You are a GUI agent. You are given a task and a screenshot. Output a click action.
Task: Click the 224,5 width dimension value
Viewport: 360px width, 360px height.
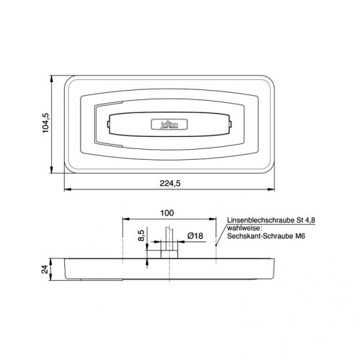pyautogui.click(x=170, y=184)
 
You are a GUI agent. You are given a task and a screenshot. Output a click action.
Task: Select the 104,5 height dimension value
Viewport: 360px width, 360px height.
pyautogui.click(x=45, y=123)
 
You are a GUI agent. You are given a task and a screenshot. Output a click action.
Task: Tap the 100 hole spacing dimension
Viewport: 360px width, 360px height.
pyautogui.click(x=167, y=213)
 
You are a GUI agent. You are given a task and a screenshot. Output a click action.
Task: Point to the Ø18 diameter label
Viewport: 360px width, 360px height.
pyautogui.click(x=195, y=236)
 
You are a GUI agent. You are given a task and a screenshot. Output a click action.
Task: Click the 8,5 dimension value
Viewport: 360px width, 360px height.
pyautogui.click(x=141, y=235)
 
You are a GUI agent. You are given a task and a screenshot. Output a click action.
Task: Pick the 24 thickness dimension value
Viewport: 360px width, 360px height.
pyautogui.click(x=45, y=269)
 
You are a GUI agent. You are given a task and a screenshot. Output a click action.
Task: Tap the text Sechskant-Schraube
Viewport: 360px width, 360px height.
pyautogui.click(x=259, y=236)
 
